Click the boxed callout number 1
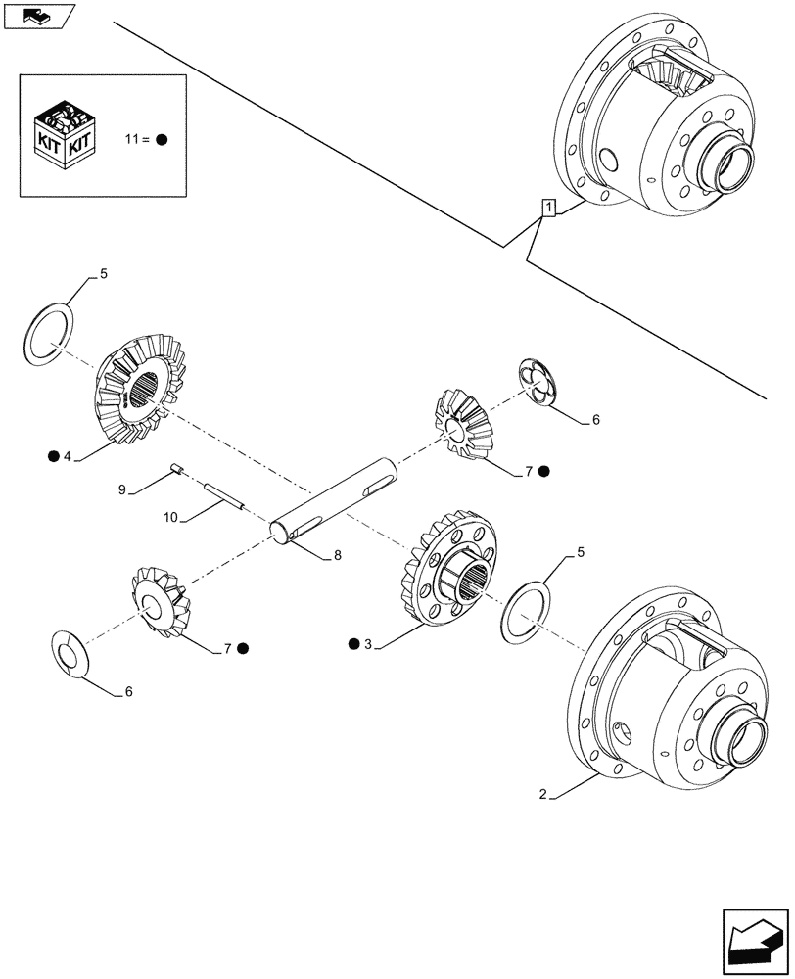[x=549, y=207]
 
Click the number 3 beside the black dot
[x=367, y=643]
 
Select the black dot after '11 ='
[x=162, y=139]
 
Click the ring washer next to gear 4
[x=46, y=332]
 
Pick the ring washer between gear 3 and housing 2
[x=525, y=613]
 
